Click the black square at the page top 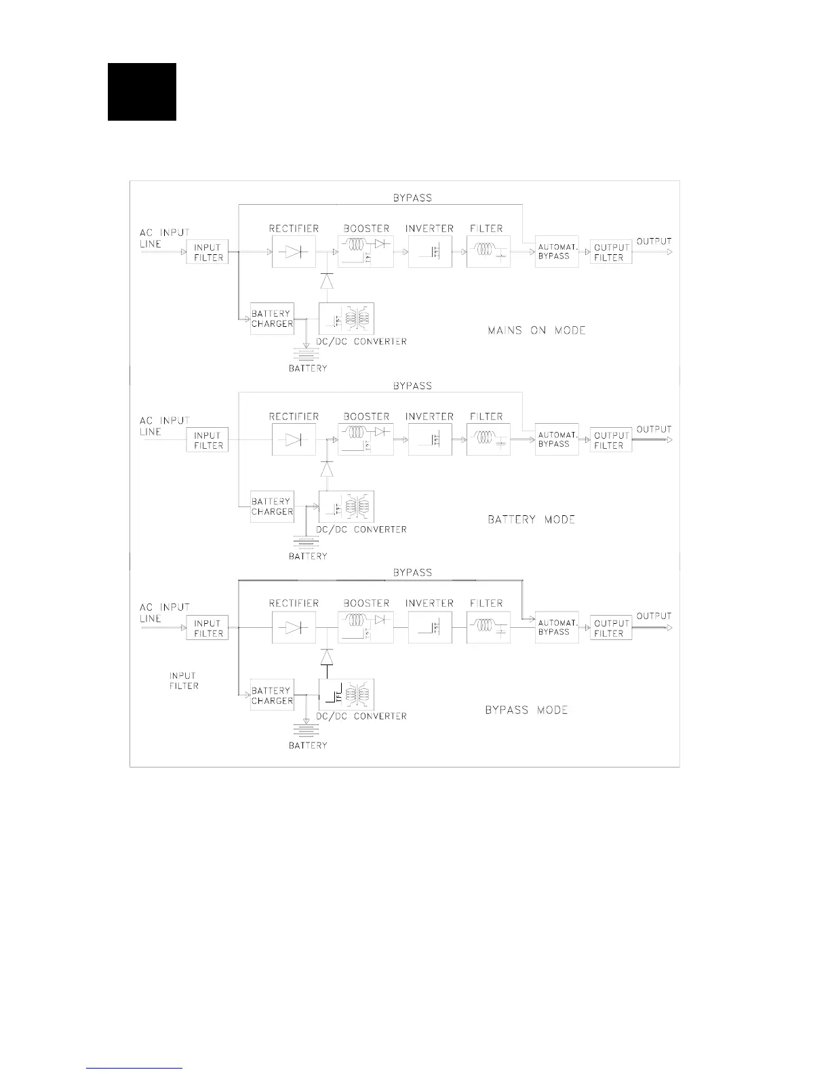tap(142, 92)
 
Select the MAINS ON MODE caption tap(536, 331)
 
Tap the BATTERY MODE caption tap(531, 519)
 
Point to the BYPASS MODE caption tap(526, 710)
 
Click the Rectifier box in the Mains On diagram tap(294, 252)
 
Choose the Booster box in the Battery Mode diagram tap(366, 439)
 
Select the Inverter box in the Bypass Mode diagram tap(430, 628)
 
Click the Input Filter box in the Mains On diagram tap(207, 252)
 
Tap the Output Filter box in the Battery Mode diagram tap(611, 440)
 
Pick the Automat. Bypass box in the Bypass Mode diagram tap(557, 627)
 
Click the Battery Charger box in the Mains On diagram tap(272, 319)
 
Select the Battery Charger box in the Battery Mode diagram tap(272, 506)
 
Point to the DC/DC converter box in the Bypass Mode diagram tap(347, 694)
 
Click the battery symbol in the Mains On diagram tap(307, 354)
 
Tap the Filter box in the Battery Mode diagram tap(488, 439)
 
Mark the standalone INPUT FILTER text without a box tap(184, 681)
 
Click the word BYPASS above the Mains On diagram tap(412, 198)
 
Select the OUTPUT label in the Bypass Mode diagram tap(654, 616)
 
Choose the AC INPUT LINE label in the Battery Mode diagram tap(163, 426)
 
